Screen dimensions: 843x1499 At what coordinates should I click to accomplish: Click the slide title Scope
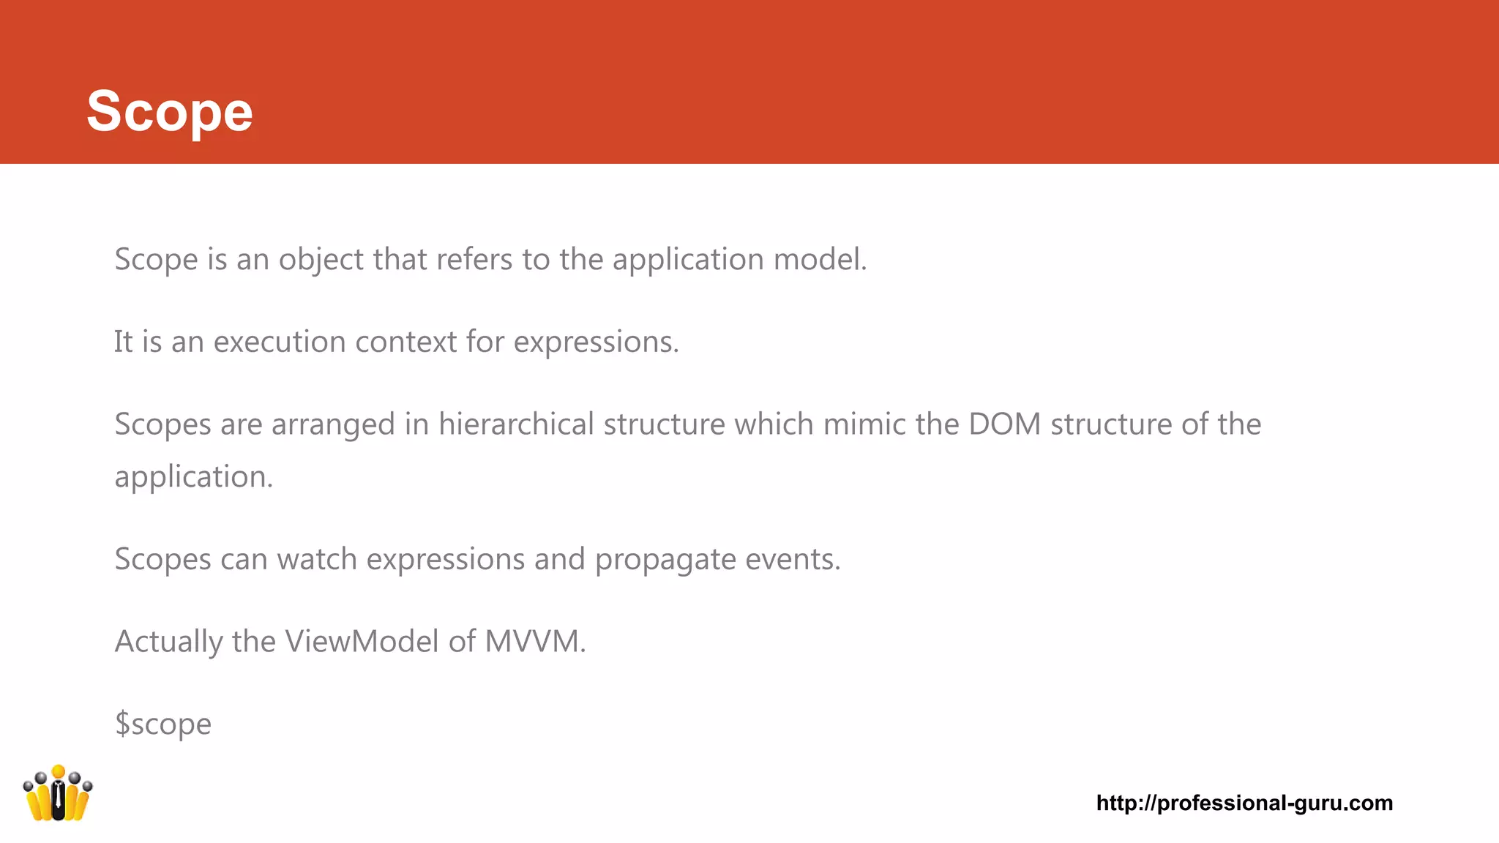[170, 111]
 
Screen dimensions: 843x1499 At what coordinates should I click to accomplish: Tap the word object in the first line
[321, 260]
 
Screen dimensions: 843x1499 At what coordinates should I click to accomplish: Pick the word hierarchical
[516, 424]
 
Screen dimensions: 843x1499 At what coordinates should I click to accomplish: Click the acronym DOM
[1004, 424]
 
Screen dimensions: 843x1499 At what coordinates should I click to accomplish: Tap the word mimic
[864, 424]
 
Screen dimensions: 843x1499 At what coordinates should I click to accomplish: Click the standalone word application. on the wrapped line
[194, 477]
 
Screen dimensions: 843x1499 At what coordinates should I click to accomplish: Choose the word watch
[316, 559]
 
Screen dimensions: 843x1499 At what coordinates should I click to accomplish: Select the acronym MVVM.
[535, 642]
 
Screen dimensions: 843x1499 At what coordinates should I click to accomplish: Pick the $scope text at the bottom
[163, 724]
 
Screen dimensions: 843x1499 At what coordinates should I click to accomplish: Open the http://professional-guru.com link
[1244, 803]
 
